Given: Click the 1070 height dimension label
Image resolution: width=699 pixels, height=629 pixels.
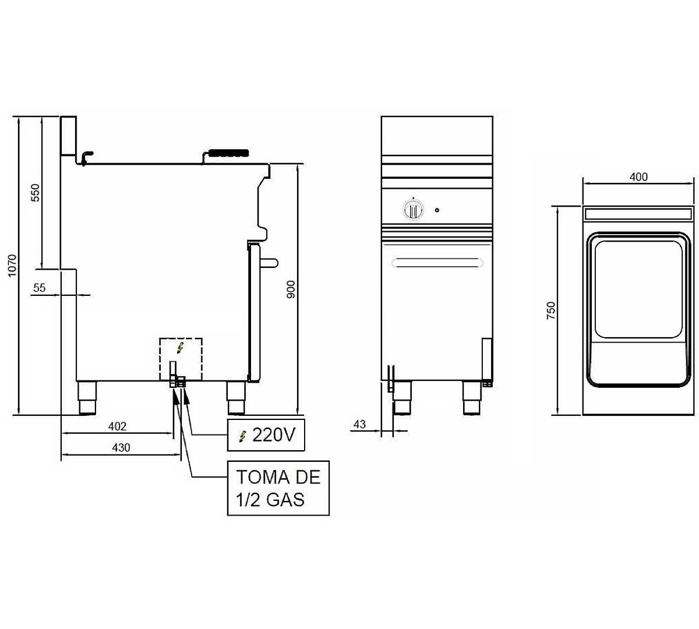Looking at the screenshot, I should [x=12, y=266].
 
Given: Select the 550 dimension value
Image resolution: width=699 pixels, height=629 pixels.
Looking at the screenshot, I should [x=35, y=193].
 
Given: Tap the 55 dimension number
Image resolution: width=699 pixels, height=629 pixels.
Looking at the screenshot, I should [x=39, y=288].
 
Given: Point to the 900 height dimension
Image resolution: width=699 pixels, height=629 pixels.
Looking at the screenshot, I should [x=291, y=289].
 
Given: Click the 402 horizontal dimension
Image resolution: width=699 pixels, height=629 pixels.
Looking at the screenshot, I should [x=117, y=426].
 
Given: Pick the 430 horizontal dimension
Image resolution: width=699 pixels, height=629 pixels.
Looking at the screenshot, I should [x=121, y=447].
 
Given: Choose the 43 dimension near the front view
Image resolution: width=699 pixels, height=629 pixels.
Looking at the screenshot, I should [x=359, y=424].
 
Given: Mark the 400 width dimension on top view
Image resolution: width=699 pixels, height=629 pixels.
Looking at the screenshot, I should [x=638, y=177].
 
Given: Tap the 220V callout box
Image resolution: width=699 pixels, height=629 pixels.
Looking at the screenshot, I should [x=266, y=434].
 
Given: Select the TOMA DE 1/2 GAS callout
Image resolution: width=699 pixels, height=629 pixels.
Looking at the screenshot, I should [x=278, y=488].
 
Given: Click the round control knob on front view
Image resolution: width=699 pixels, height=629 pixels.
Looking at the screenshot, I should [x=412, y=209].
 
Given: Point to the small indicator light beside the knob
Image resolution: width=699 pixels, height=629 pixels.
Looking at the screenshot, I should [x=437, y=210].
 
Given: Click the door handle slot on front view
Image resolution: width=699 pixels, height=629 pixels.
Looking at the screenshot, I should [x=437, y=263].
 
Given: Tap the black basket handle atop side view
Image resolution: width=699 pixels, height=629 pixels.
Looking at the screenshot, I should [x=228, y=153].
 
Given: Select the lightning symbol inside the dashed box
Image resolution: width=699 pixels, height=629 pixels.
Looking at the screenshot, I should [x=180, y=348].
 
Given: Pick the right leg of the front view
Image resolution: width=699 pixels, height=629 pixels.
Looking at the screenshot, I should [x=472, y=397].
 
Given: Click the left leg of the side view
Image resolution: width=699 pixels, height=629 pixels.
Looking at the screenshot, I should [x=87, y=398].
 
